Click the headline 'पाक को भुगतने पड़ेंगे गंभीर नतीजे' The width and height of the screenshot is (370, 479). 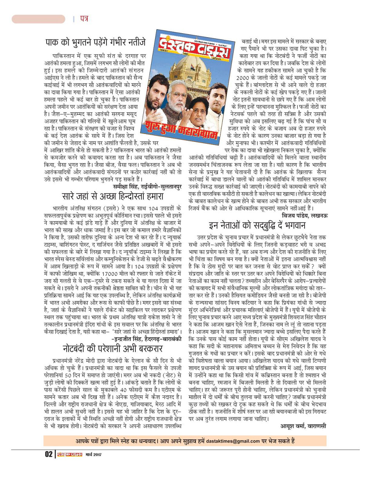click(x=95, y=42)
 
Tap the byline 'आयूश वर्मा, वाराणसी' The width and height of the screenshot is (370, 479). click(x=303, y=425)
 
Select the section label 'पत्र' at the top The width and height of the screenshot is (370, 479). click(x=83, y=19)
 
